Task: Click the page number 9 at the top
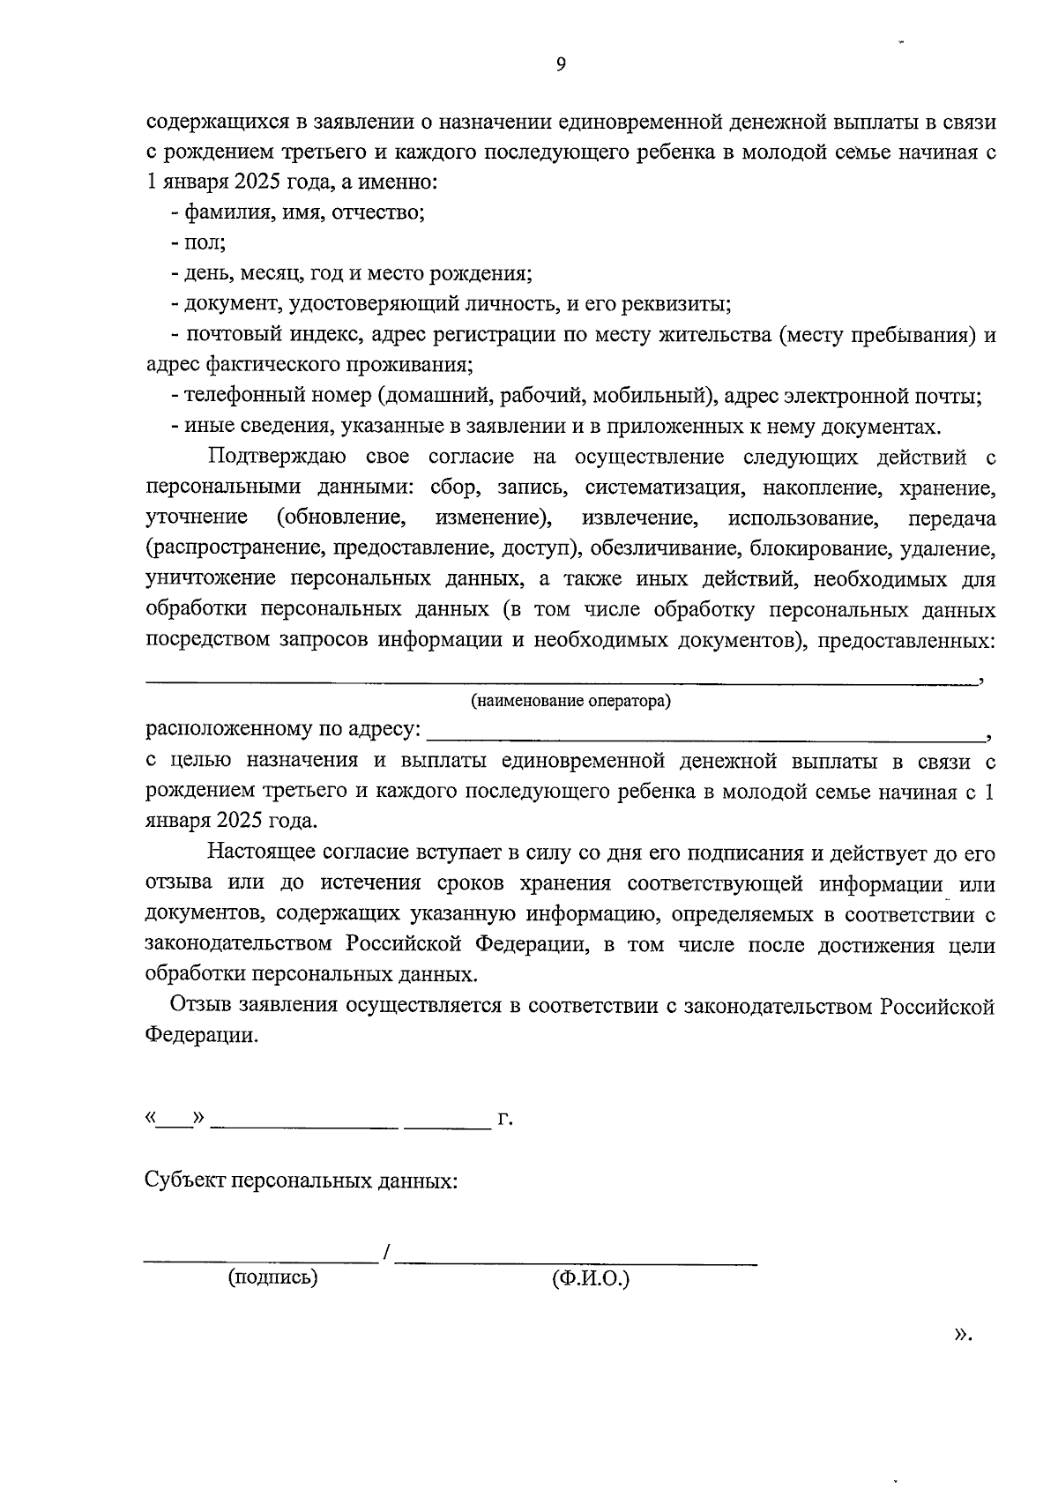[561, 63]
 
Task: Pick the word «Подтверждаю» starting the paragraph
[277, 457]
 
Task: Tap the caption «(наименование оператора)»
[570, 702]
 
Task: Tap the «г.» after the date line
[505, 1120]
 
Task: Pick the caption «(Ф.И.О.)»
[591, 1279]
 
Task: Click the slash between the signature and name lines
[386, 1252]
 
